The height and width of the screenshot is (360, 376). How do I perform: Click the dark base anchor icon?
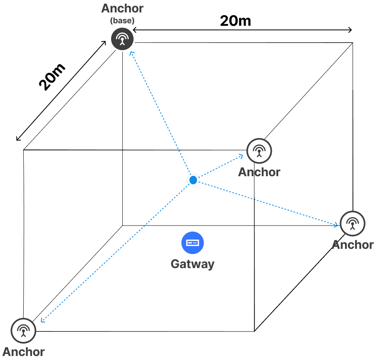pyautogui.click(x=122, y=39)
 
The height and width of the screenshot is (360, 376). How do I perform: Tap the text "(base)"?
pyautogui.click(x=122, y=21)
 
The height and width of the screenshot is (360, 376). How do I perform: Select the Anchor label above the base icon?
pyautogui.click(x=122, y=8)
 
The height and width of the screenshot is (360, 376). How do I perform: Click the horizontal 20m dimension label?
pyautogui.click(x=235, y=20)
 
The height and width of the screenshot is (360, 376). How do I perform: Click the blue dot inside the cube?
pyautogui.click(x=193, y=180)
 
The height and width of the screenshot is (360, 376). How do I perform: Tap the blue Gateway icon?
pyautogui.click(x=193, y=243)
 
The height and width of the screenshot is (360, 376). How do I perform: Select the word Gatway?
pyautogui.click(x=192, y=264)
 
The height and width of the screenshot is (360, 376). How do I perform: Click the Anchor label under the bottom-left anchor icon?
pyautogui.click(x=23, y=352)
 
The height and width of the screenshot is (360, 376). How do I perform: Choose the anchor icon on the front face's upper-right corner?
pyautogui.click(x=259, y=151)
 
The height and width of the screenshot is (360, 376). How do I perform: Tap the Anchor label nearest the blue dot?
pyautogui.click(x=259, y=172)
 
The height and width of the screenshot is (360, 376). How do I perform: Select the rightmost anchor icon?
pyautogui.click(x=352, y=223)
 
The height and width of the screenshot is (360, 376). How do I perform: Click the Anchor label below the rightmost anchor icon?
pyautogui.click(x=353, y=244)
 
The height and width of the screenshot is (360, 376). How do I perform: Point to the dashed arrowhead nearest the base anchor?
pyautogui.click(x=131, y=53)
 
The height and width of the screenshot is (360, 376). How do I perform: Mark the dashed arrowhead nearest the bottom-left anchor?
pyautogui.click(x=41, y=320)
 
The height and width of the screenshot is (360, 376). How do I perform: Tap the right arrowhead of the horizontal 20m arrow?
pyautogui.click(x=351, y=30)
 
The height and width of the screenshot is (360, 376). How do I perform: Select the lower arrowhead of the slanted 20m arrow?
pyautogui.click(x=18, y=139)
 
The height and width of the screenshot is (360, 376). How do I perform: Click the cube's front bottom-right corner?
pyautogui.click(x=254, y=331)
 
